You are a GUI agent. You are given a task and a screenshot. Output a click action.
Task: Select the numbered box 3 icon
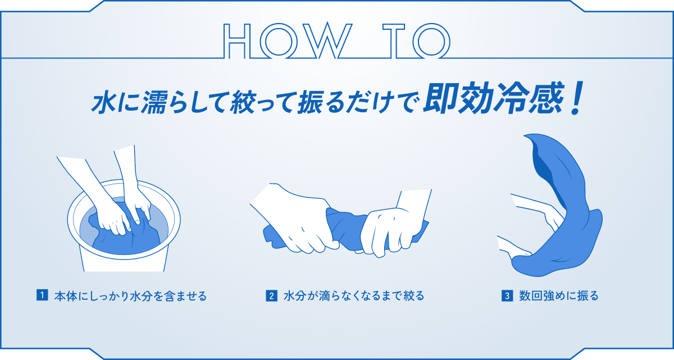tap(506, 295)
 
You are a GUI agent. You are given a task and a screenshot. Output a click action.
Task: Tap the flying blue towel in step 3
tap(567, 225)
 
